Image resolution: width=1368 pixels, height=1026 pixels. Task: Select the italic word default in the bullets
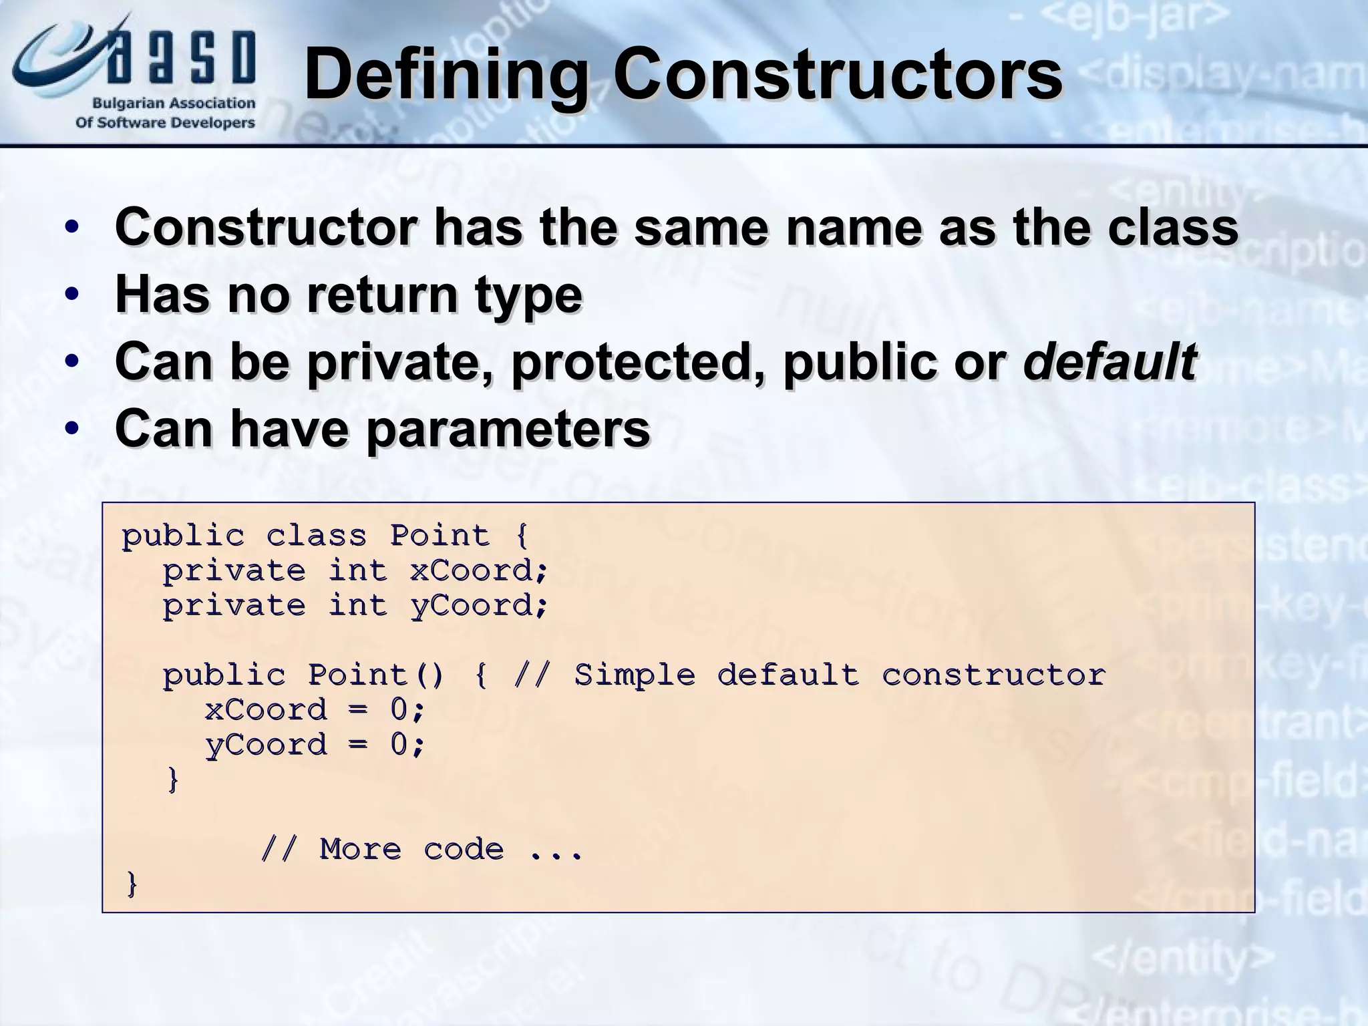pos(1109,361)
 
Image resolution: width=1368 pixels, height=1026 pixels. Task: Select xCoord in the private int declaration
pos(478,571)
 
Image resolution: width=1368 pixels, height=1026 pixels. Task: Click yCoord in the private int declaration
pos(478,606)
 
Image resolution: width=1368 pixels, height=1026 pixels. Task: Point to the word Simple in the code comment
pos(635,675)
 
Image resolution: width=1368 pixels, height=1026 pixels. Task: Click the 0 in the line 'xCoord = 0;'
pos(399,710)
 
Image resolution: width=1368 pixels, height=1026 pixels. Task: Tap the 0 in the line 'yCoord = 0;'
pos(399,745)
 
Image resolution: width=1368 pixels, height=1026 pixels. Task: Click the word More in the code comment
pos(360,850)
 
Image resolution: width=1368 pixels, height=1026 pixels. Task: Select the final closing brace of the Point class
pos(132,884)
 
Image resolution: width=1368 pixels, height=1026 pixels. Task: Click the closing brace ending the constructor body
pos(173,780)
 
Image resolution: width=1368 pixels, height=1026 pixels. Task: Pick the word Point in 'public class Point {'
pos(440,536)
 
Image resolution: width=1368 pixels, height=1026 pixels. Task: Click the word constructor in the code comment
pos(993,675)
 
